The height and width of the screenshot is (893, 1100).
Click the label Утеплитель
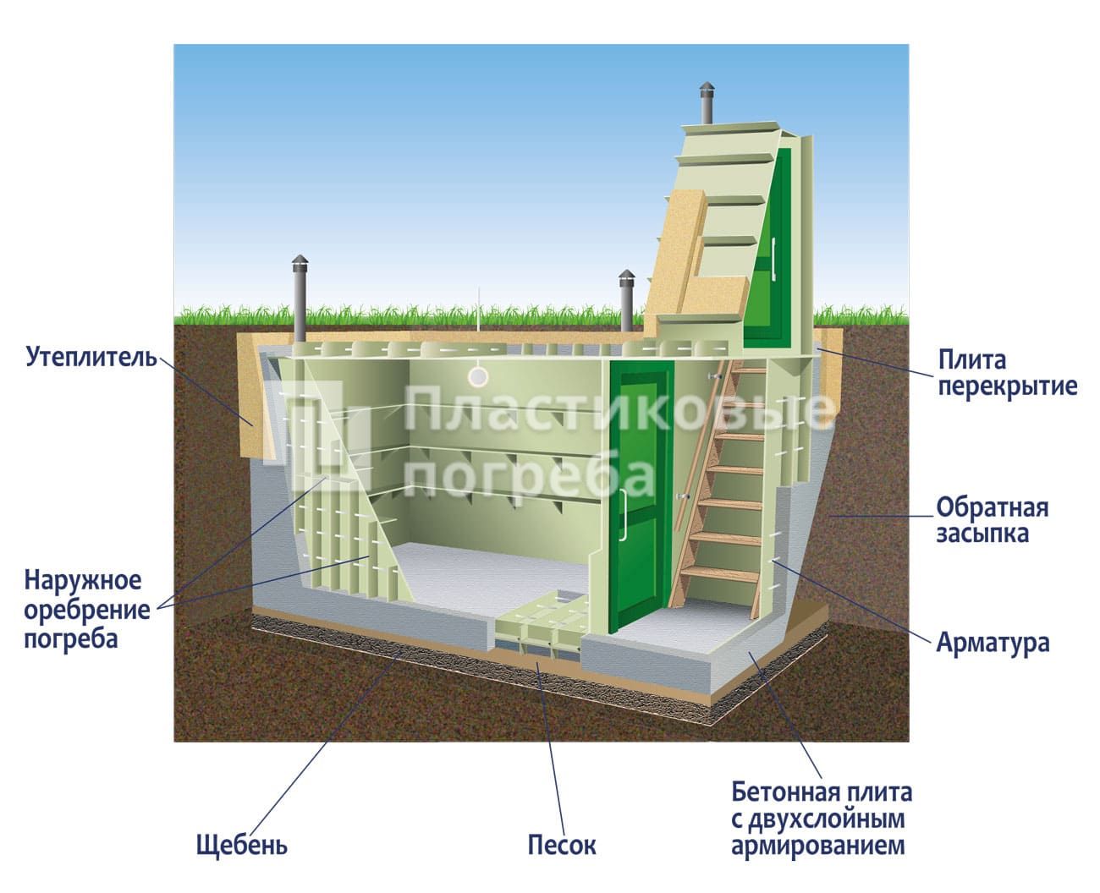(x=91, y=358)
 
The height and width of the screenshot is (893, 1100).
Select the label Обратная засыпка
(x=992, y=520)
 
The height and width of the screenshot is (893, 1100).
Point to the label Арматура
(x=993, y=642)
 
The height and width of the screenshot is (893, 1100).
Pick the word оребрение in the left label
(x=87, y=611)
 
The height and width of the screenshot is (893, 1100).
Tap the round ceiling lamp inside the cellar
(x=478, y=376)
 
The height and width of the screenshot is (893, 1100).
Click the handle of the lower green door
(x=624, y=515)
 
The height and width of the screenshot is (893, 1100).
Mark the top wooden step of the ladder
(x=749, y=370)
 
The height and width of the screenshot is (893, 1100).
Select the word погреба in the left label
(x=71, y=639)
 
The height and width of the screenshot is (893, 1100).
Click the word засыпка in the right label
(x=982, y=534)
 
